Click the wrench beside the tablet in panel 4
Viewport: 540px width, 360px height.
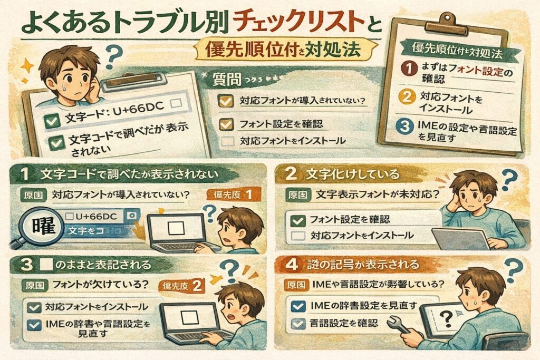(x=402, y=326)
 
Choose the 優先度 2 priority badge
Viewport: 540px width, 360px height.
(x=182, y=286)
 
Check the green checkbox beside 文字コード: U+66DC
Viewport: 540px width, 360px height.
(x=52, y=122)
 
